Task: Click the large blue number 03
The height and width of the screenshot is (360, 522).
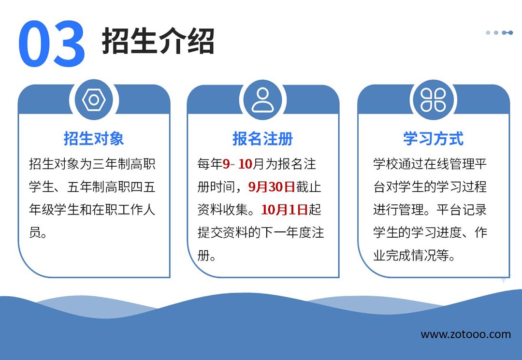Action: coord(52,43)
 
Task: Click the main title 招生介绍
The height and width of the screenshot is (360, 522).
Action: coord(158,41)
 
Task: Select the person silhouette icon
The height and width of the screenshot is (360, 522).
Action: coord(262,100)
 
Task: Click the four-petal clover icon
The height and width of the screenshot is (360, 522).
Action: coord(433,100)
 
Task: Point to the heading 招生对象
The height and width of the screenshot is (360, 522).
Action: coord(94,138)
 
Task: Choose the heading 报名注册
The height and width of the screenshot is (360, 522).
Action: coord(262,138)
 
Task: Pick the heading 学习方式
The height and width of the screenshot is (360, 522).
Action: coord(433,138)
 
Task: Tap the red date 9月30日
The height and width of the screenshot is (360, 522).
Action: coord(272,187)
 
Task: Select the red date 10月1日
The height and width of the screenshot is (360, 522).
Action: coord(285,210)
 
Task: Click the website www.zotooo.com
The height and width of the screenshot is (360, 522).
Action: coord(466,334)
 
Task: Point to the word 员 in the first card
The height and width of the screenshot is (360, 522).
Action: coord(35,232)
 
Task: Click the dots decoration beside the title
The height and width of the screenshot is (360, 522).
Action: coord(499,32)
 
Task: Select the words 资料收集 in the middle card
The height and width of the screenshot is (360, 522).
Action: coord(223,210)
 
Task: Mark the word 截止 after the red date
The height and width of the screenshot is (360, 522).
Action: coord(308,187)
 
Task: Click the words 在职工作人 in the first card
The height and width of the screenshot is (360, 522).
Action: coord(124,210)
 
